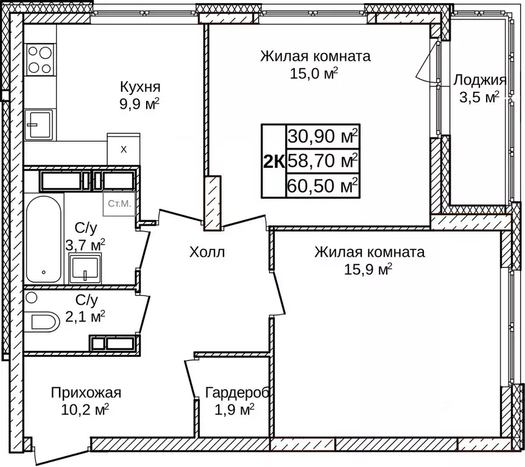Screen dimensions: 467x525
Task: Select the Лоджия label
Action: point(480,80)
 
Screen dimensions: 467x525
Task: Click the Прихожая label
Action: point(86,392)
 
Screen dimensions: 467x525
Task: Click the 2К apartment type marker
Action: point(273,161)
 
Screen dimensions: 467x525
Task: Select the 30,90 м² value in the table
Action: point(323,136)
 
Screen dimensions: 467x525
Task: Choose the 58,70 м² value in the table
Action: point(323,161)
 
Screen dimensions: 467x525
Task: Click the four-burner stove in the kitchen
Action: point(40,59)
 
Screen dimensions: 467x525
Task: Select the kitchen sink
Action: point(39,125)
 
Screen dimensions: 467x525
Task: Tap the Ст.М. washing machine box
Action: point(119,204)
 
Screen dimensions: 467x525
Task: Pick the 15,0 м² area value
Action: point(315,73)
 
